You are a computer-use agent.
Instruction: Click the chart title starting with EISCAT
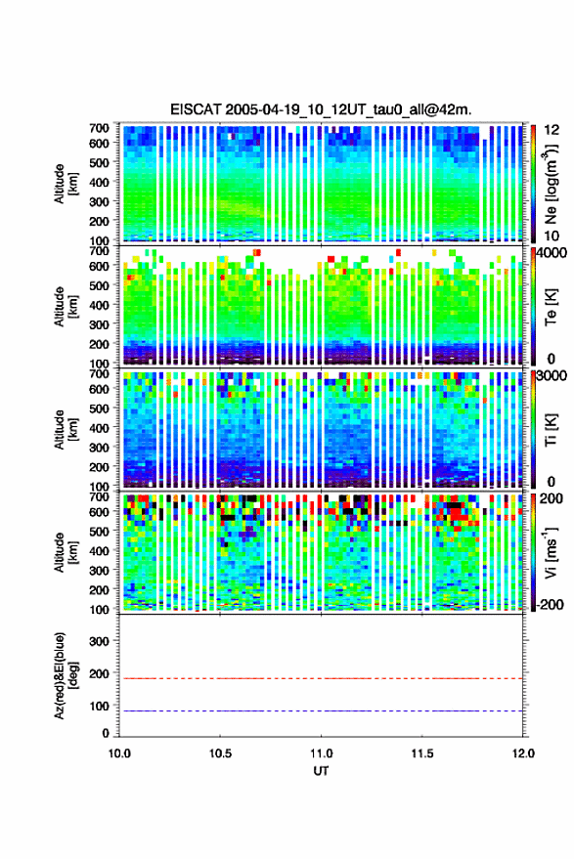pyautogui.click(x=321, y=109)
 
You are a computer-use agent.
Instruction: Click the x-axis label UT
pyautogui.click(x=321, y=771)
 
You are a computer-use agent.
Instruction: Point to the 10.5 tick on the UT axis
pyautogui.click(x=220, y=753)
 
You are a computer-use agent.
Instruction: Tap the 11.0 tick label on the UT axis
pyautogui.click(x=321, y=753)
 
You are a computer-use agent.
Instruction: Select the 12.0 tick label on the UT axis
pyautogui.click(x=523, y=753)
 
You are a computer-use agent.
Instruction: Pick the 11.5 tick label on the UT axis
pyautogui.click(x=422, y=753)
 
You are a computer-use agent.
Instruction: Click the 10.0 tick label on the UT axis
pyautogui.click(x=119, y=753)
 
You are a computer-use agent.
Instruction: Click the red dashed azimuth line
pyautogui.click(x=321, y=678)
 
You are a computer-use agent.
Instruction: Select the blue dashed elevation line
pyautogui.click(x=321, y=710)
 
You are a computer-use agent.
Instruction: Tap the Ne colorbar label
pyautogui.click(x=551, y=184)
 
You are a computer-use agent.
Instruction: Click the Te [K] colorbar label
pyautogui.click(x=551, y=307)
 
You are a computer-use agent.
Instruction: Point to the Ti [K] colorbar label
pyautogui.click(x=551, y=430)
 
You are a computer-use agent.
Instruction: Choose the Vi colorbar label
pyautogui.click(x=551, y=552)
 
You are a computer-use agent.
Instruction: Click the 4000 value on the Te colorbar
pyautogui.click(x=552, y=254)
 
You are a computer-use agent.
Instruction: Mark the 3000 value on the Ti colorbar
pyautogui.click(x=552, y=376)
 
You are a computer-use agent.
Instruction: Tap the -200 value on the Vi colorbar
pyautogui.click(x=550, y=605)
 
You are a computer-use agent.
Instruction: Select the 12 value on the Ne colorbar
pyautogui.click(x=552, y=130)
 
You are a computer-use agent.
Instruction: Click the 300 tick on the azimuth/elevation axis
pyautogui.click(x=99, y=641)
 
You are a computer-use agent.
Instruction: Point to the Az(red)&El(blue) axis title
pyautogui.click(x=66, y=675)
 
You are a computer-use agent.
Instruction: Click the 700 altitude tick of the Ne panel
pyautogui.click(x=99, y=128)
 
